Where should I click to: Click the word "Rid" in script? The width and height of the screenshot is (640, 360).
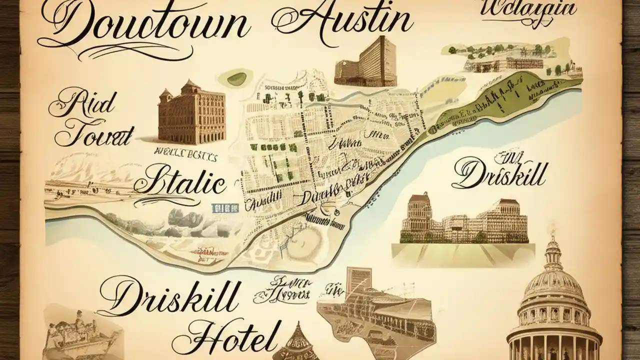82,102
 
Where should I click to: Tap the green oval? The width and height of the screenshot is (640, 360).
236,78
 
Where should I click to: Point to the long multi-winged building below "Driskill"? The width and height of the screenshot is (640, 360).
465,220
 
